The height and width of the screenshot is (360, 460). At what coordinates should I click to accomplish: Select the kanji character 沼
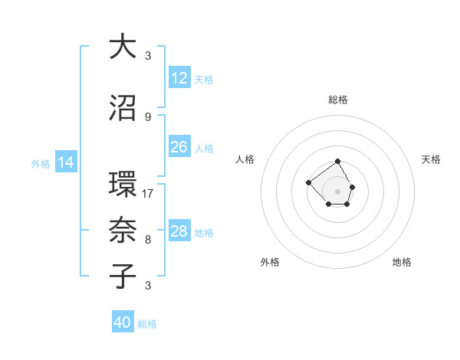(123, 109)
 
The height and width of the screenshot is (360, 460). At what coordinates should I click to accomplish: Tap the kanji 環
(123, 184)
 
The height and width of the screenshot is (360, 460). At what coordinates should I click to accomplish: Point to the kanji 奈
(123, 229)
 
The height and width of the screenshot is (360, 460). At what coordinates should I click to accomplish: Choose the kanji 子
(123, 276)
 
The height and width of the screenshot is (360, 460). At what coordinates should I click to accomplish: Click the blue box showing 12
(179, 78)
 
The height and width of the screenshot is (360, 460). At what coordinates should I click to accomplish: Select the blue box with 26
(179, 147)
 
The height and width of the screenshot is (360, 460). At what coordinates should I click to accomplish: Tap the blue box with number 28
(179, 231)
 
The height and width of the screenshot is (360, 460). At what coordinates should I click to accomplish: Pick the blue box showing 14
(66, 162)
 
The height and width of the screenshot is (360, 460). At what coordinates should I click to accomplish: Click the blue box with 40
(123, 322)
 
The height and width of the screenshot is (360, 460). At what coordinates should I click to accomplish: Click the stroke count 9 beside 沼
(148, 116)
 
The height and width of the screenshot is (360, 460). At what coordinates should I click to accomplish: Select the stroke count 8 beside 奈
(148, 239)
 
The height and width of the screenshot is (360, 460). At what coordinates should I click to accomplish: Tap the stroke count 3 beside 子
(148, 286)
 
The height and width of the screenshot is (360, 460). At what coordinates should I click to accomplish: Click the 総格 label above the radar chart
(337, 100)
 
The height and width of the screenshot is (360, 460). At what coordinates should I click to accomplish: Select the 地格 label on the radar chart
(402, 262)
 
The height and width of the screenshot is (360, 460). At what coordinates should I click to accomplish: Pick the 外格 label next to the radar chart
(270, 262)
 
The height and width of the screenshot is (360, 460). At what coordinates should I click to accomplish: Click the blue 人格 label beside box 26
(204, 148)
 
